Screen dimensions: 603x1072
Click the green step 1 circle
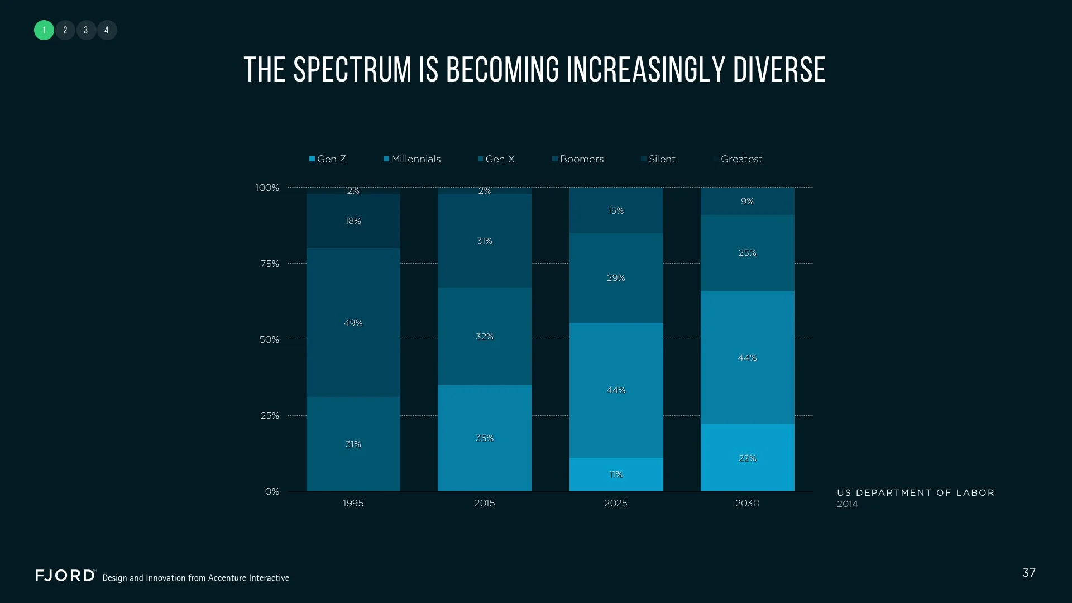pos(44,30)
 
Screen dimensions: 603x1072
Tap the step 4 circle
pos(107,30)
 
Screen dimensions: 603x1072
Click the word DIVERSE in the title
pos(779,70)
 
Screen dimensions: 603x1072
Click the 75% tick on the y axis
pos(270,264)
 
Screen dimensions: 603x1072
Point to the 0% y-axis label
pos(272,491)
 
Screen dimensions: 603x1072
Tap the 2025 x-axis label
pos(616,503)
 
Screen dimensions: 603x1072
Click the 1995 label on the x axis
pos(353,503)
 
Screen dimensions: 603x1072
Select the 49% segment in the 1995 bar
pos(353,323)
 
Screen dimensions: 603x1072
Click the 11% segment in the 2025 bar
pos(616,475)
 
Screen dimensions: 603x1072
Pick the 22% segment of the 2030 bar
pos(747,458)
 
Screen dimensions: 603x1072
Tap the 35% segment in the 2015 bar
pos(484,438)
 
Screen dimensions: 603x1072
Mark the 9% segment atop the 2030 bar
pos(747,201)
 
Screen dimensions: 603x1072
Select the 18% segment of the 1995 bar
pos(353,221)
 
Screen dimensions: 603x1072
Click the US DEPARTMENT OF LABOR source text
pos(916,493)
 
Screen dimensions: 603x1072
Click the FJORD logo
pos(65,576)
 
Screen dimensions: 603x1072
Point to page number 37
pos(1028,573)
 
